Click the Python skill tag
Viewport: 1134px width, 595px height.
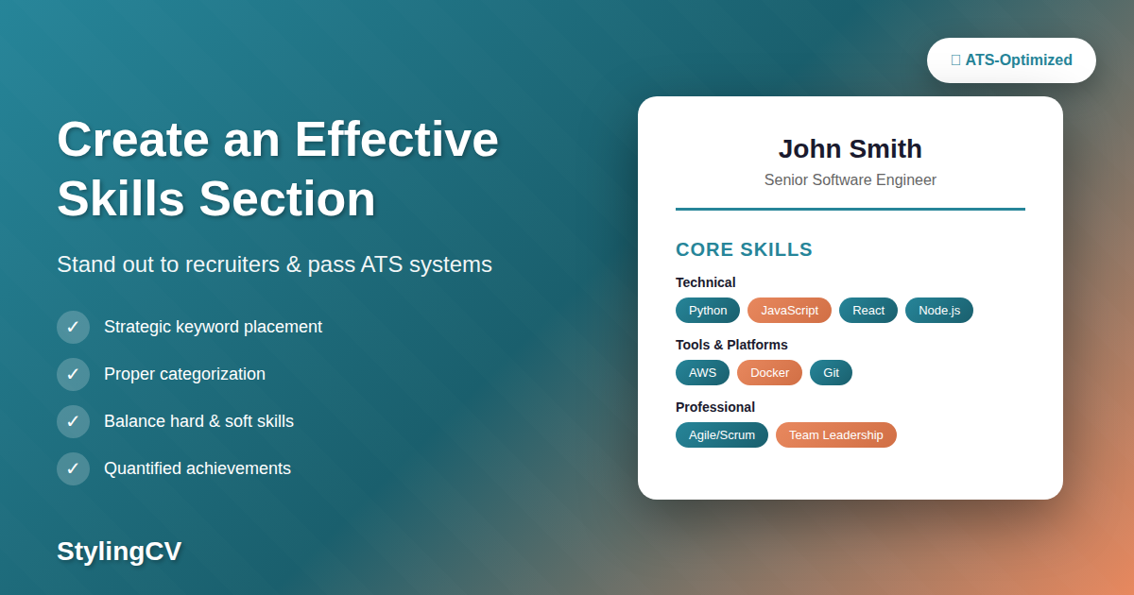(x=708, y=310)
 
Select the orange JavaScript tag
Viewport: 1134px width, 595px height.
(x=789, y=310)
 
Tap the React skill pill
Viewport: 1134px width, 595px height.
(x=868, y=310)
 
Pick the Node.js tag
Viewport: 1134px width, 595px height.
(x=938, y=310)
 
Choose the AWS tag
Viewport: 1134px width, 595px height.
(x=702, y=372)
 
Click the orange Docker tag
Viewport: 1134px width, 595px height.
(x=769, y=372)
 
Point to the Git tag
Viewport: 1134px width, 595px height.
(x=831, y=372)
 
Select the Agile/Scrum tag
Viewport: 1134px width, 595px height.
(x=722, y=434)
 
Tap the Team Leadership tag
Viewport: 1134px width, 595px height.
(x=835, y=434)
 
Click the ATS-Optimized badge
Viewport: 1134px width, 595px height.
(x=1011, y=60)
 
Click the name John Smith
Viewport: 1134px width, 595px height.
(x=850, y=149)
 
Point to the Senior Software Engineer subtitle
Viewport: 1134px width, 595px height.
(x=850, y=179)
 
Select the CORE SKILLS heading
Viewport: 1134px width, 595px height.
(x=744, y=249)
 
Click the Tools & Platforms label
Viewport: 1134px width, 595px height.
(x=731, y=345)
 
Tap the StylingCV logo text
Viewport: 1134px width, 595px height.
(x=119, y=551)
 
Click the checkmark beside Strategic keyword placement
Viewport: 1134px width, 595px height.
(x=73, y=327)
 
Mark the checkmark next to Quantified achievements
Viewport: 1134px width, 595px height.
(x=73, y=468)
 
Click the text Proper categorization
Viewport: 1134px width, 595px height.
(x=184, y=374)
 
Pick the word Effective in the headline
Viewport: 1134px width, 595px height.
(x=396, y=139)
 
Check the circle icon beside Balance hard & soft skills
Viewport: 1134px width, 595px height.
(x=73, y=421)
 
